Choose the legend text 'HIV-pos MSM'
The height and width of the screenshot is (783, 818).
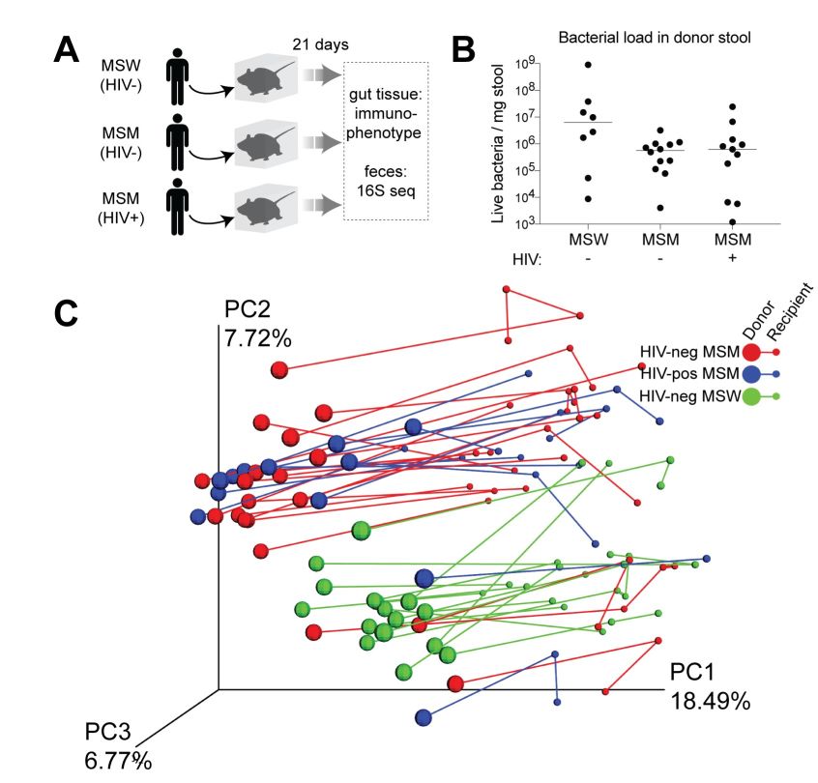[688, 374]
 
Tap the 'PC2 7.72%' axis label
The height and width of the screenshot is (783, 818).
[257, 325]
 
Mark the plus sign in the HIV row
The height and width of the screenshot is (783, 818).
[733, 260]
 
